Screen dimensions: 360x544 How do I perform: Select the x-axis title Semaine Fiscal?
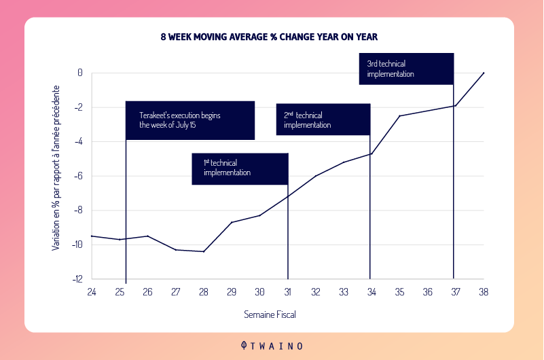(270, 314)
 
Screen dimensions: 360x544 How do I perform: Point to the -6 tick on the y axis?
(79, 176)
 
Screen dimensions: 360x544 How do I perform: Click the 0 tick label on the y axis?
(80, 73)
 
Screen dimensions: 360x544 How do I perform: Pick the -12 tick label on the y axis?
(77, 278)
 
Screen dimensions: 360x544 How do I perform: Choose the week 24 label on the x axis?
(91, 292)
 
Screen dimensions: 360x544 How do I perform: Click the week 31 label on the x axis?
(287, 292)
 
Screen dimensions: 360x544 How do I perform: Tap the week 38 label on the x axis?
(484, 292)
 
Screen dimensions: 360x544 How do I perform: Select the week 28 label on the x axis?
(203, 292)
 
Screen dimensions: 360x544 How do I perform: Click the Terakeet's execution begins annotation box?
(189, 120)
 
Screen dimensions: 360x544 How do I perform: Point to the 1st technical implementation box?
(240, 168)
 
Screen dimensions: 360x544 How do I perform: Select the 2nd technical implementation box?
(323, 120)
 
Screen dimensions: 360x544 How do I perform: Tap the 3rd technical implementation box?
(405, 68)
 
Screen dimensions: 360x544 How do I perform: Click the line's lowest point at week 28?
(203, 251)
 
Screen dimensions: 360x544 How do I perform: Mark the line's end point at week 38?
(484, 73)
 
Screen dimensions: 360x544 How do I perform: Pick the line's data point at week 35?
(399, 116)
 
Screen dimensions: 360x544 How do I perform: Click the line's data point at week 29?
(232, 222)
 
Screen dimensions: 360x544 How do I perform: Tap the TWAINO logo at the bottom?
(272, 345)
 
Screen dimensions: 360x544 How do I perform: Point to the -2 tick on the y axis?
(79, 107)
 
